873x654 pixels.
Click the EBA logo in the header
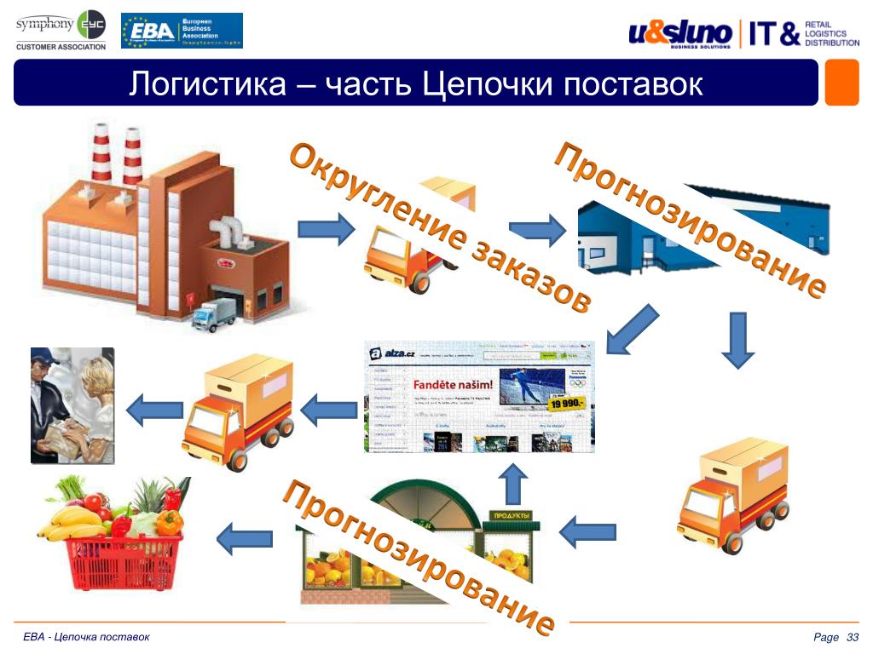point(182,31)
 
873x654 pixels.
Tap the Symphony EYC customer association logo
point(61,30)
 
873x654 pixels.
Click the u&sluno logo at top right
point(680,34)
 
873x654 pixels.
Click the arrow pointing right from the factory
point(325,228)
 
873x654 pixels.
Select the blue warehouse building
point(631,238)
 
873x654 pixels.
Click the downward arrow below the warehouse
point(737,339)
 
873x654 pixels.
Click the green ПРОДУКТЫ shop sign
point(512,516)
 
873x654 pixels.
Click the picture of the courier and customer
point(72,404)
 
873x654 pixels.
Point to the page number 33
point(851,639)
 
